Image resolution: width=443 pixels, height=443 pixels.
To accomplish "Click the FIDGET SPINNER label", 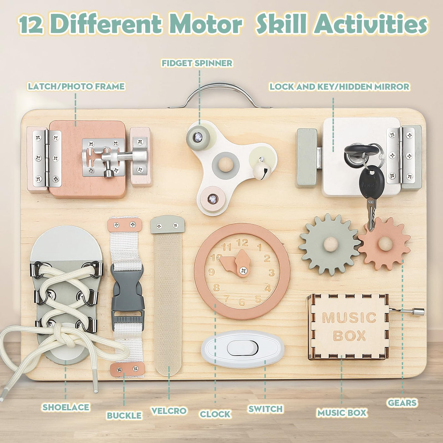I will pos(197,63).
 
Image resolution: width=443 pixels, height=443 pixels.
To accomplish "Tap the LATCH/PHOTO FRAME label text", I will pos(76,86).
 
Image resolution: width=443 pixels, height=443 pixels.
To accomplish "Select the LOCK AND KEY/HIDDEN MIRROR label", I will pos(339,86).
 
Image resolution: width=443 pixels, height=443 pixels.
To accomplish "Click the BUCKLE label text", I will pos(124,415).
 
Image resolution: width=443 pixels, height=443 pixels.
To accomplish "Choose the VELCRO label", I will pos(169,411).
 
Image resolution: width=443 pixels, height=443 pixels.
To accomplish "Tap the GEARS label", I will pos(402,402).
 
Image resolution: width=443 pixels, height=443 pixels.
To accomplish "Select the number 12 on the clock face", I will pos(242,243).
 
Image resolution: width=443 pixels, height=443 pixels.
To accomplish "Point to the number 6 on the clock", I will pos(242,302).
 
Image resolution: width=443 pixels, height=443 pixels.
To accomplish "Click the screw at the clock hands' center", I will pos(243,270).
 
